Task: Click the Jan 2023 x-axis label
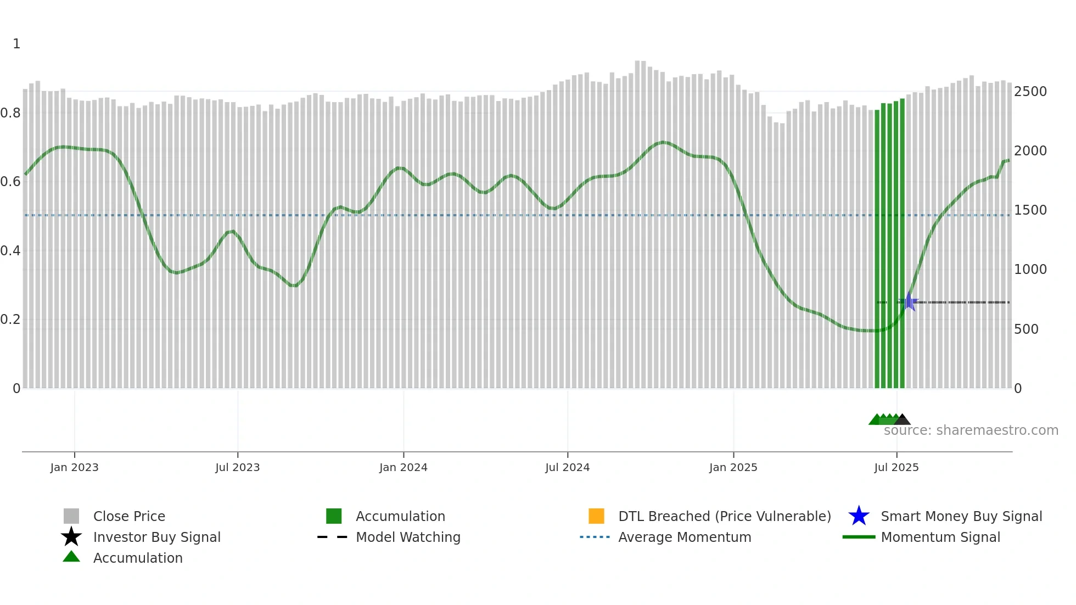(x=74, y=467)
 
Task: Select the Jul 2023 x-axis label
(x=237, y=467)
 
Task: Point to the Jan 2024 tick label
(x=403, y=467)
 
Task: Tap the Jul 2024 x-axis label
(x=567, y=467)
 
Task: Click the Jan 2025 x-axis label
(x=733, y=467)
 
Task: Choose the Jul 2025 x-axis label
(x=896, y=467)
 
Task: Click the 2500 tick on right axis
(x=1030, y=92)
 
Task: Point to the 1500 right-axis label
(x=1030, y=210)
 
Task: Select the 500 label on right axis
(x=1025, y=329)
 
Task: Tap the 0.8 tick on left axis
(x=11, y=113)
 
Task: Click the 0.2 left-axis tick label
(x=11, y=320)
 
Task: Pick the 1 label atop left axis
(x=16, y=44)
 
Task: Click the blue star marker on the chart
(x=909, y=302)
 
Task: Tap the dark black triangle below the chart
(x=902, y=420)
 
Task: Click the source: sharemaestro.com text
(x=971, y=430)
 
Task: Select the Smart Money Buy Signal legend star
(x=859, y=516)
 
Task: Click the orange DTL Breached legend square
(x=596, y=516)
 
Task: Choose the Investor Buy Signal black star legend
(x=71, y=537)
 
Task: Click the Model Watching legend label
(x=408, y=537)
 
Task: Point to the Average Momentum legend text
(x=685, y=537)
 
